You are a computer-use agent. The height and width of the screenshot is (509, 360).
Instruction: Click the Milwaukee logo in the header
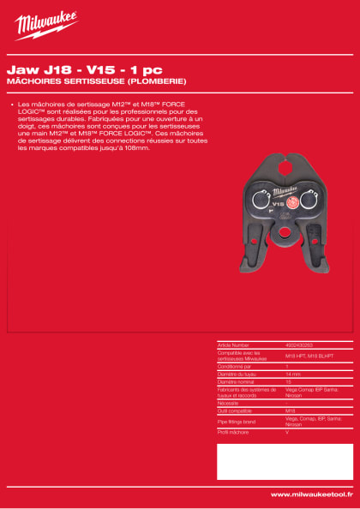coord(46,25)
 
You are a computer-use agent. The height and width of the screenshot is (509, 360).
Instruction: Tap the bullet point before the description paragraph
coord(12,105)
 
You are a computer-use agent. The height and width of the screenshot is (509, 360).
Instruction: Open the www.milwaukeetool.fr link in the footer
coord(309,494)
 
